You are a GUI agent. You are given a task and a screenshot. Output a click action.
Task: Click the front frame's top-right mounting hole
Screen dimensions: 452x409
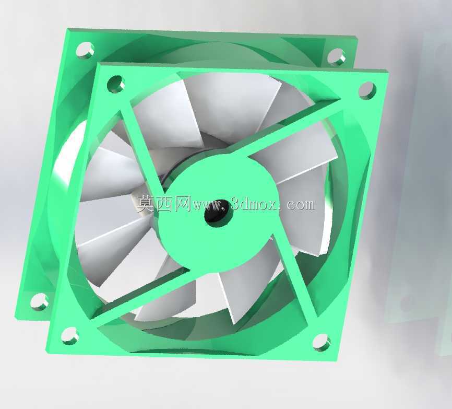[x=367, y=90]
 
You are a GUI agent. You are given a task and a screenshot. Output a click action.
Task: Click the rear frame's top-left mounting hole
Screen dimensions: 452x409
[x=85, y=50]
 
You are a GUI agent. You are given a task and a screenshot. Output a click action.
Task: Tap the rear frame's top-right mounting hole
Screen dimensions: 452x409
[x=337, y=56]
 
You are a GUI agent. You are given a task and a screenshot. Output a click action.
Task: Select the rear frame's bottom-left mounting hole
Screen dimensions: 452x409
[x=40, y=302]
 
